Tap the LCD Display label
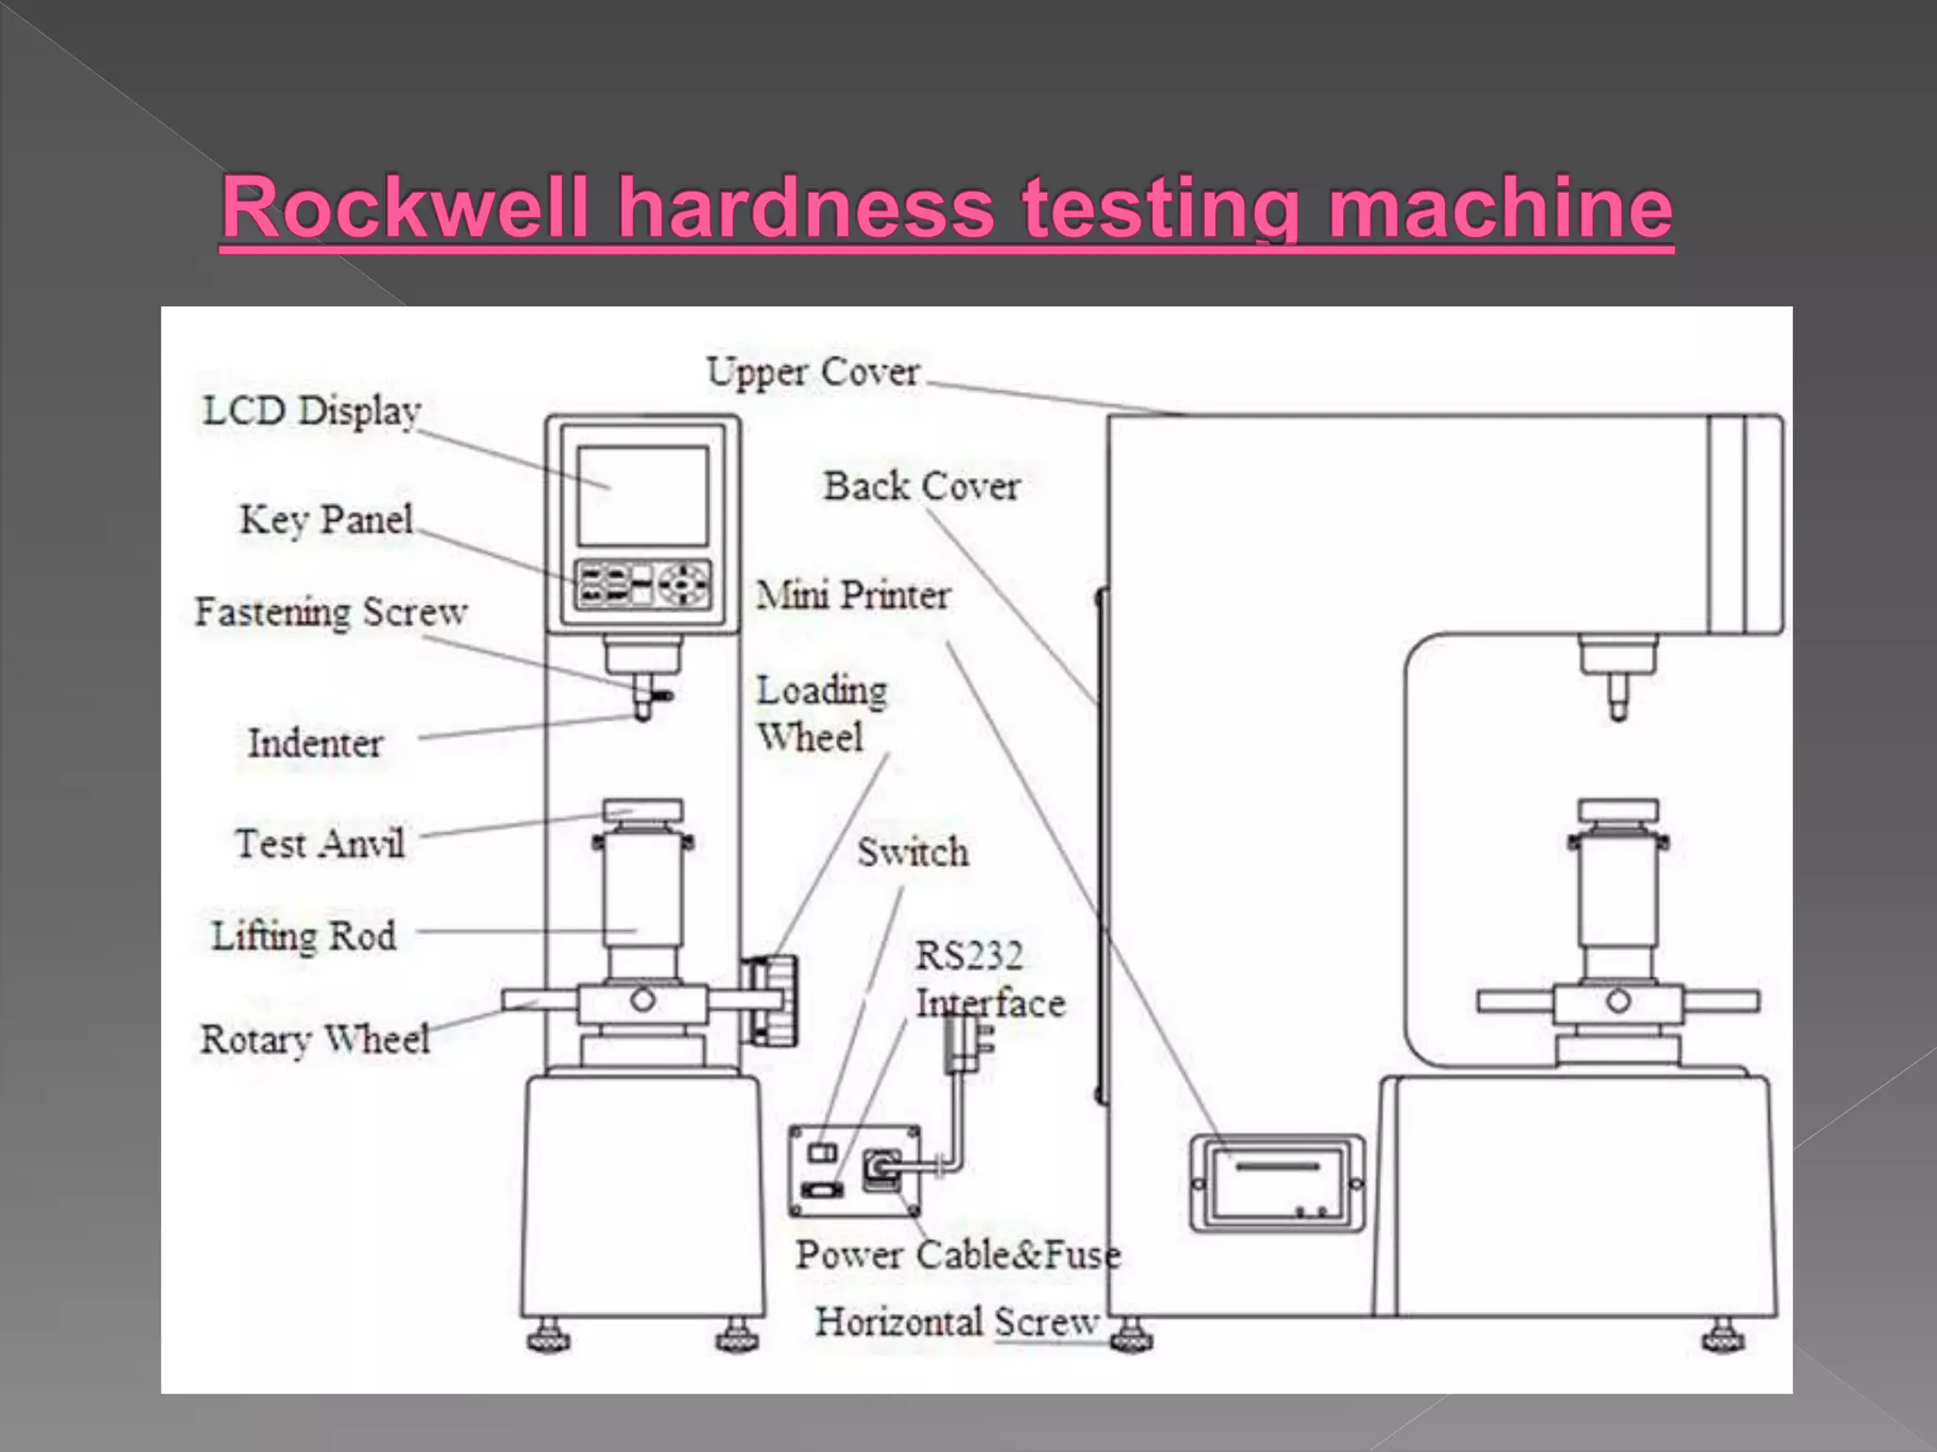point(312,411)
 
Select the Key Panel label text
point(326,520)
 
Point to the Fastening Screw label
point(331,613)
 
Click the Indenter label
point(315,743)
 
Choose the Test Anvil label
point(320,843)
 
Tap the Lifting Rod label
point(304,936)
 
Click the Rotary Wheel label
point(315,1039)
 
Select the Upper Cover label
point(813,372)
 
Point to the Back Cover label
point(921,487)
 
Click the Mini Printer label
point(853,596)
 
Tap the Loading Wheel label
point(821,714)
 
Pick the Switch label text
point(913,853)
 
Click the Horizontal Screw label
point(957,1322)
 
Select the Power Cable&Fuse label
point(957,1255)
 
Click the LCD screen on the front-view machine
point(643,496)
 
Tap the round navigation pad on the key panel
point(684,584)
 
